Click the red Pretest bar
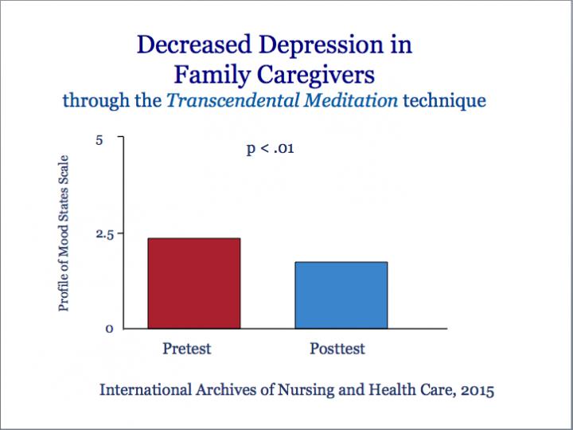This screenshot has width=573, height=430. pyautogui.click(x=193, y=283)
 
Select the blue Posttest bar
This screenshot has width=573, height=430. pyautogui.click(x=341, y=295)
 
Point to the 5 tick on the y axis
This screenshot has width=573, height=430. pyautogui.click(x=99, y=140)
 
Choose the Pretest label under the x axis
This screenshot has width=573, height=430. pyautogui.click(x=187, y=349)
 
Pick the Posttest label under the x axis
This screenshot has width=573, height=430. pyautogui.click(x=337, y=349)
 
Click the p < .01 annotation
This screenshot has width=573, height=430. pyautogui.click(x=271, y=148)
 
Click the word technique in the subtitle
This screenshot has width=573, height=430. pyautogui.click(x=445, y=102)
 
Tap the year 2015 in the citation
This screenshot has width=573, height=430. pyautogui.click(x=475, y=390)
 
